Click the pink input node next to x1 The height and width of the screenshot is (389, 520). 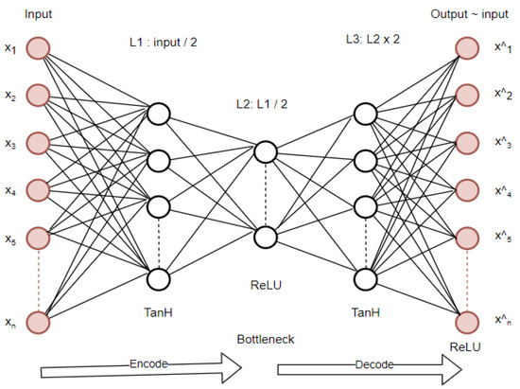(39, 47)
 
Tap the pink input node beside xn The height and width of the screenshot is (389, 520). (39, 323)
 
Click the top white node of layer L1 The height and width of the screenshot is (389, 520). (157, 115)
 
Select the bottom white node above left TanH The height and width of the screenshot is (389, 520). (157, 278)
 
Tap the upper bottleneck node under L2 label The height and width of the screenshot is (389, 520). (265, 151)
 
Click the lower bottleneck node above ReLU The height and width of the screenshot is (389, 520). (265, 237)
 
